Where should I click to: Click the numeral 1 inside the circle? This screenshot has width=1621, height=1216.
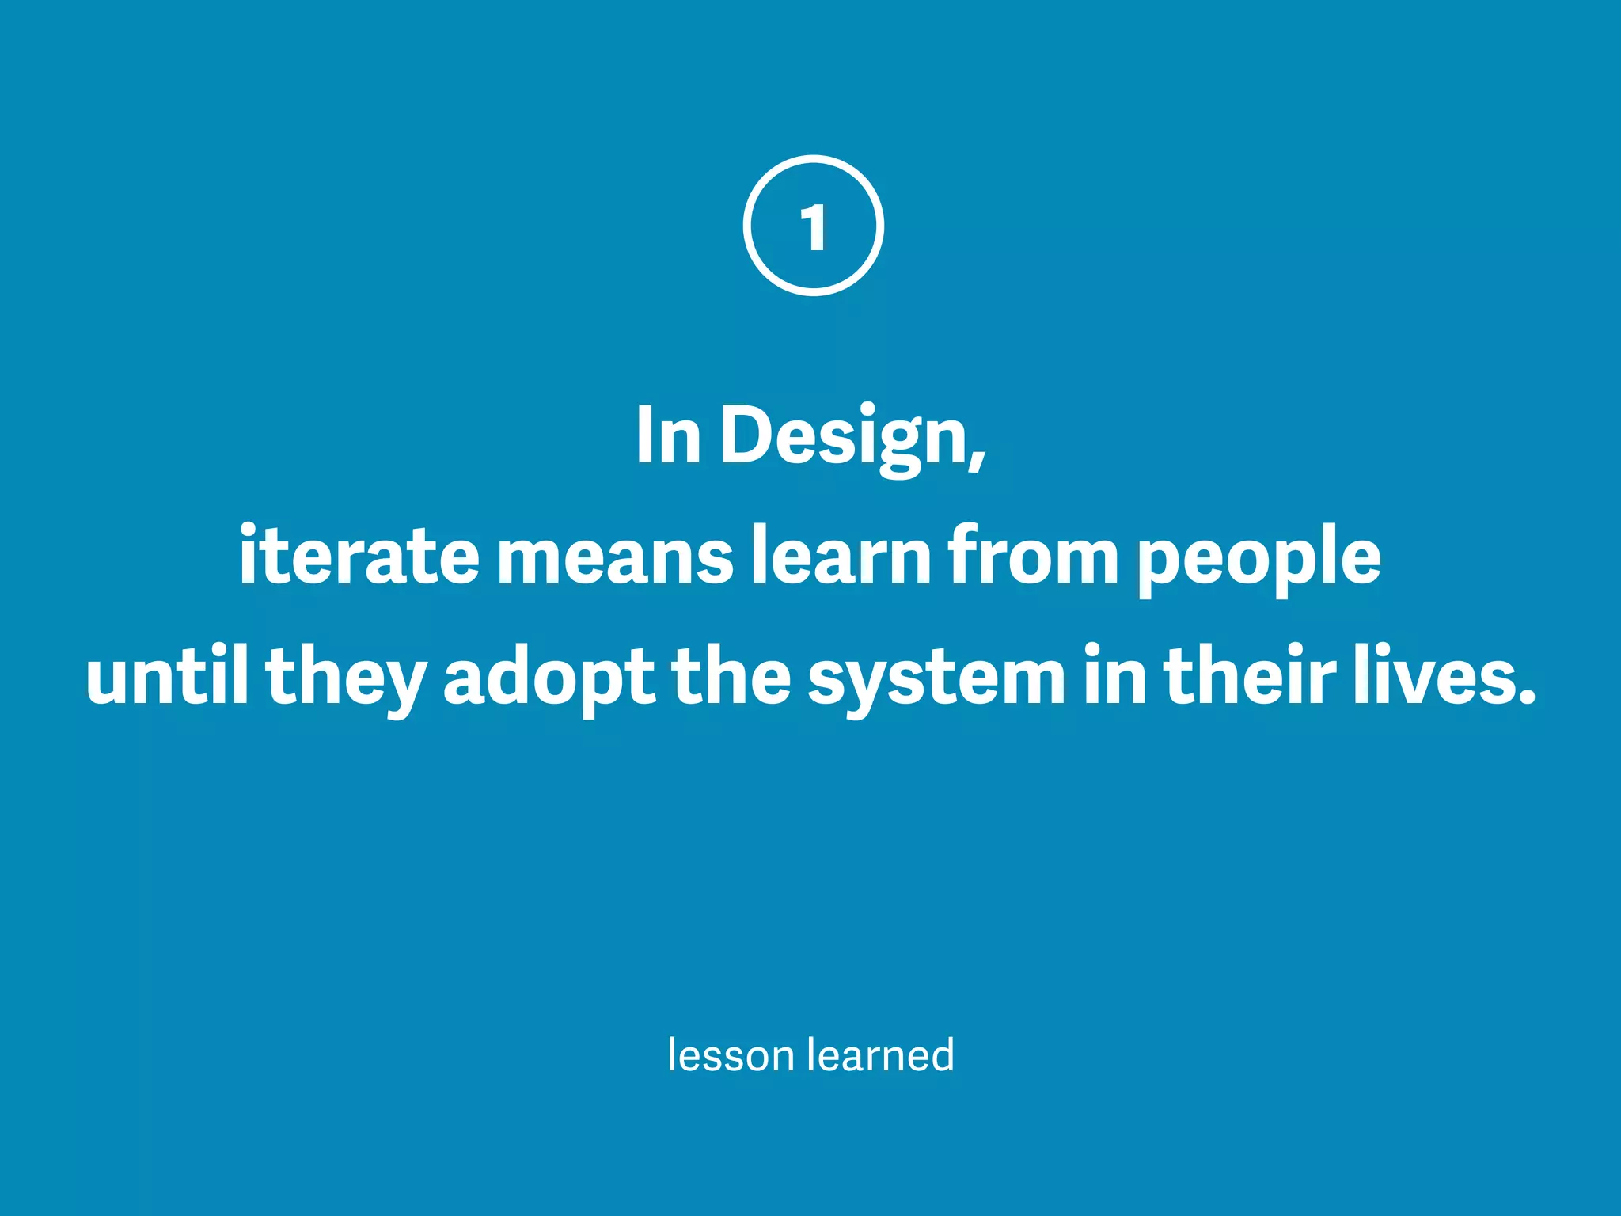click(813, 227)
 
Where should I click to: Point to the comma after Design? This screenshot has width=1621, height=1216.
click(978, 458)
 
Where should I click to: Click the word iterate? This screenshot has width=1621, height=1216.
click(359, 556)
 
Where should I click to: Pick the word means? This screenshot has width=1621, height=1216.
click(615, 559)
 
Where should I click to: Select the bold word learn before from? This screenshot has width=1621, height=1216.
click(841, 556)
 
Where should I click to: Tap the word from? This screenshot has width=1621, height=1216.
click(1033, 556)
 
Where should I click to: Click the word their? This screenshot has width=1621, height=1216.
click(1250, 677)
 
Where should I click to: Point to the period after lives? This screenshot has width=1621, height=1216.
click(1527, 697)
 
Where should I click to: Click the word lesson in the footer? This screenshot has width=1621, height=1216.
click(731, 1055)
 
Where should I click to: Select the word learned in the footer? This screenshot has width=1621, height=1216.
click(881, 1055)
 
